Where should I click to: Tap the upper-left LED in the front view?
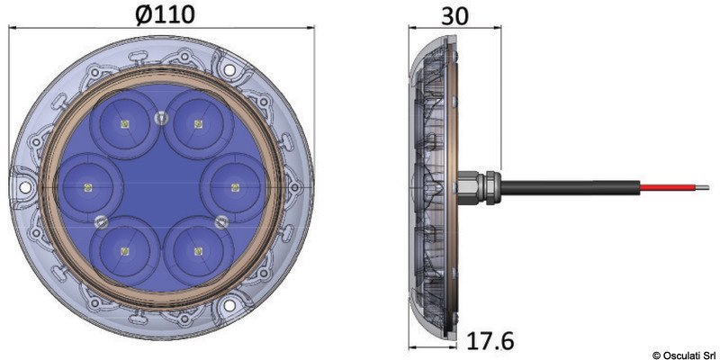coord(124,122)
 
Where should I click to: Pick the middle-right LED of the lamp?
coord(235,187)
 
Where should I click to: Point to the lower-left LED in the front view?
coord(124,251)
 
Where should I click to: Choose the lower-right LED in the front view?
coord(197,251)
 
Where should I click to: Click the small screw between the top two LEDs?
coord(161,114)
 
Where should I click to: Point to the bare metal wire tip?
coord(698,188)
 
